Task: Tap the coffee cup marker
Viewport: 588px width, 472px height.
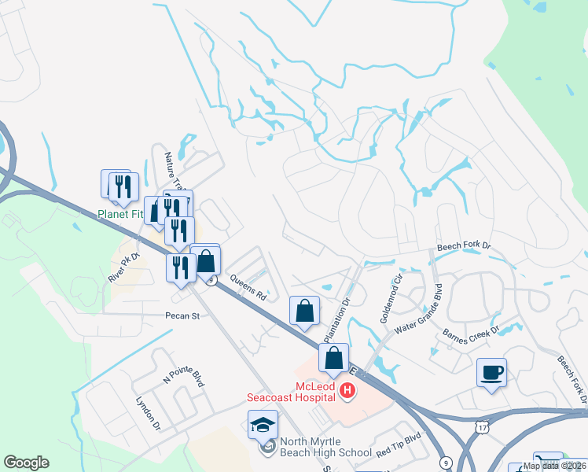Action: point(491,372)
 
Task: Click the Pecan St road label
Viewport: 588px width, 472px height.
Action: point(183,315)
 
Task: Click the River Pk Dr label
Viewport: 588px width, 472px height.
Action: point(123,267)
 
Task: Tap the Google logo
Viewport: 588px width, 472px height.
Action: point(26,463)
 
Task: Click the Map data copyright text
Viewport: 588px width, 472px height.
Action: point(554,466)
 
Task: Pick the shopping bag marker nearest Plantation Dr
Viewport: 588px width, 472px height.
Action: point(305,310)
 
